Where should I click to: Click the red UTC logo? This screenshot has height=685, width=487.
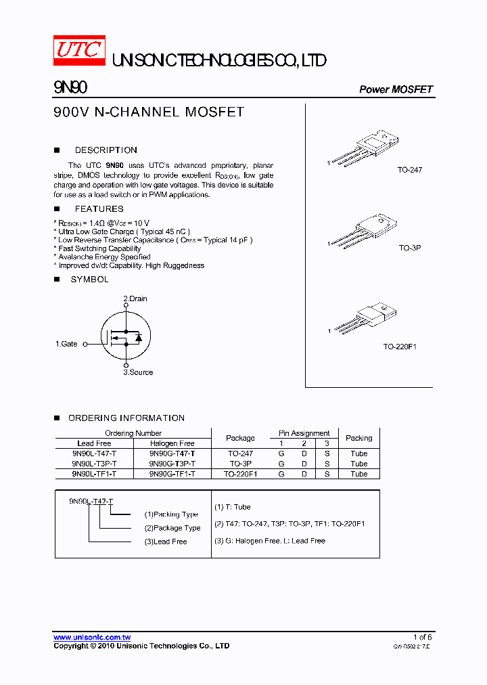coord(79,51)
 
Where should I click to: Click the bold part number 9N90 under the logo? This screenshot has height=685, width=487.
coord(70,88)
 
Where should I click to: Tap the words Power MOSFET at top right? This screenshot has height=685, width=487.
coord(396,89)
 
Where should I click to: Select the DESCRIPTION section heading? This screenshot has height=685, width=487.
coord(106,150)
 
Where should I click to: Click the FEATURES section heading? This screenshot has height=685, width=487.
coord(99,209)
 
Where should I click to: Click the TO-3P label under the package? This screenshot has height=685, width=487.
coord(410,248)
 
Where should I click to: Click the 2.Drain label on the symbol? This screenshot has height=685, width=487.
coord(135,299)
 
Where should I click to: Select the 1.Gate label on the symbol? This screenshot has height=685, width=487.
coord(66,344)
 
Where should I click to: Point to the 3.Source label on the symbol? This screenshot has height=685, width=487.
coord(138,372)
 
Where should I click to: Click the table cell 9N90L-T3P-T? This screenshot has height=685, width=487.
coord(94,464)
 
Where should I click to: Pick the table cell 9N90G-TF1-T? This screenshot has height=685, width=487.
coord(172,474)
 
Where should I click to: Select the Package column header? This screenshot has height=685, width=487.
coord(240,438)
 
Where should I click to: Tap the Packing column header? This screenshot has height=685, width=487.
coord(359,438)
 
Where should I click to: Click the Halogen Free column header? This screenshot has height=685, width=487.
coord(172,443)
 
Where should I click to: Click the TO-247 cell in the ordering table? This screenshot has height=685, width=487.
coord(240,454)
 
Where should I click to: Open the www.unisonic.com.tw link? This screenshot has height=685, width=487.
coord(92,637)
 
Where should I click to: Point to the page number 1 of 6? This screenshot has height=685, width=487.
coord(422,637)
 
